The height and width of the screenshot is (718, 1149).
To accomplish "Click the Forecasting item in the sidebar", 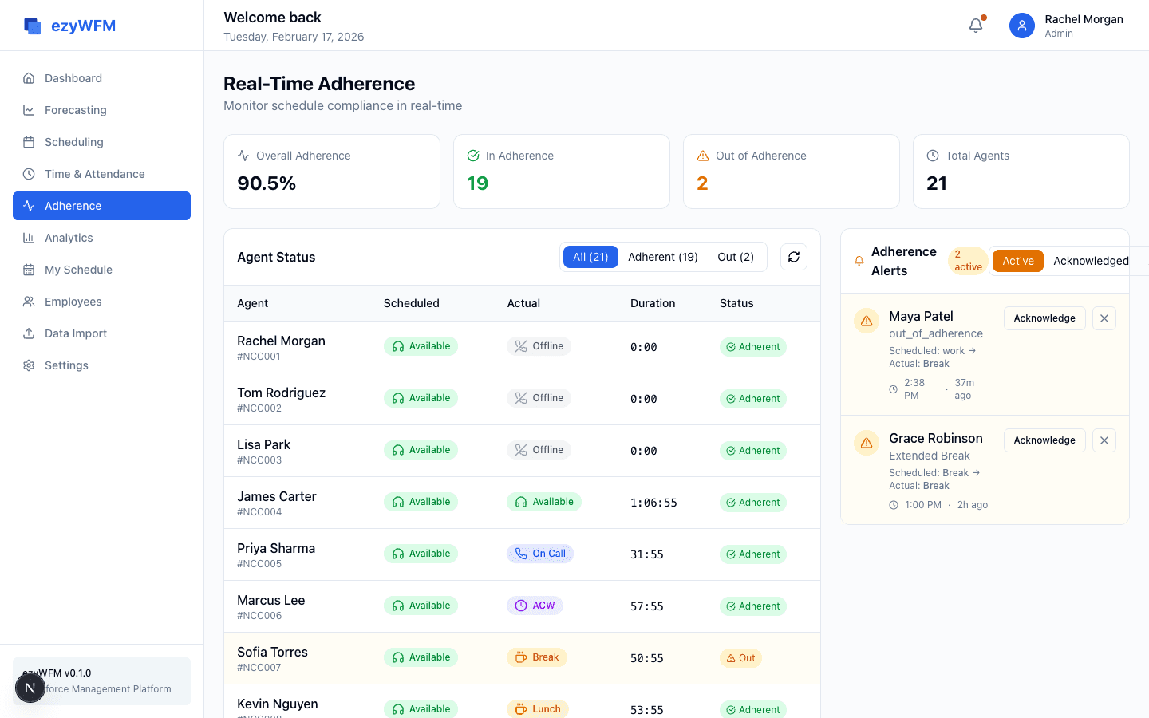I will pyautogui.click(x=75, y=110).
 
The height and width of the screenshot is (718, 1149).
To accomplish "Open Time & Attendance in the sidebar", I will pyautogui.click(x=94, y=174).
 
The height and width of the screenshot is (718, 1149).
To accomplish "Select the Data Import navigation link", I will pyautogui.click(x=75, y=333).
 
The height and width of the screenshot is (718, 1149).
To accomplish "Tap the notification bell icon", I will pyautogui.click(x=976, y=26).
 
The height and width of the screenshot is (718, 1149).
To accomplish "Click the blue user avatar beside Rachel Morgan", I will pyautogui.click(x=1021, y=26).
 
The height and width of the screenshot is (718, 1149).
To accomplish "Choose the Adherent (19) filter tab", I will pyautogui.click(x=662, y=257).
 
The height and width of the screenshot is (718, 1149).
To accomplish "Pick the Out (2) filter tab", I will pyautogui.click(x=735, y=257).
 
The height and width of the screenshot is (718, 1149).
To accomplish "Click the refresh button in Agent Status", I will pyautogui.click(x=794, y=257).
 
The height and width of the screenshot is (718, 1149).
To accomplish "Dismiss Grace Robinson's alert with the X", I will pyautogui.click(x=1104, y=440).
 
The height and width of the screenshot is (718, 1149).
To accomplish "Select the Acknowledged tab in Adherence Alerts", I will pyautogui.click(x=1090, y=261).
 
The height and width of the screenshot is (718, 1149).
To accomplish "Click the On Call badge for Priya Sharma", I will pyautogui.click(x=540, y=554).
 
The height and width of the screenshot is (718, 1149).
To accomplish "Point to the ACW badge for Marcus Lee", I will pyautogui.click(x=535, y=606).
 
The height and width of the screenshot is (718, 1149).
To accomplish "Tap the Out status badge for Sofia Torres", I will pyautogui.click(x=740, y=658).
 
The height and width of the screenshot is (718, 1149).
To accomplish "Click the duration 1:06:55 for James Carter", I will pyautogui.click(x=653, y=503).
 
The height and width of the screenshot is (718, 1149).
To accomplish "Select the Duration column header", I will pyautogui.click(x=653, y=303).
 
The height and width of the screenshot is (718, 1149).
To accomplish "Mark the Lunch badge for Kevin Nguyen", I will pyautogui.click(x=538, y=708).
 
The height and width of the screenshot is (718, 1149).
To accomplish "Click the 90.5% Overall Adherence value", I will pyautogui.click(x=267, y=183).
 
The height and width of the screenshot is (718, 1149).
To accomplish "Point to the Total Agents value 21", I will pyautogui.click(x=937, y=183).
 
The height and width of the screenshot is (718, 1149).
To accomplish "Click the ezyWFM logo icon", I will pyautogui.click(x=33, y=26).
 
